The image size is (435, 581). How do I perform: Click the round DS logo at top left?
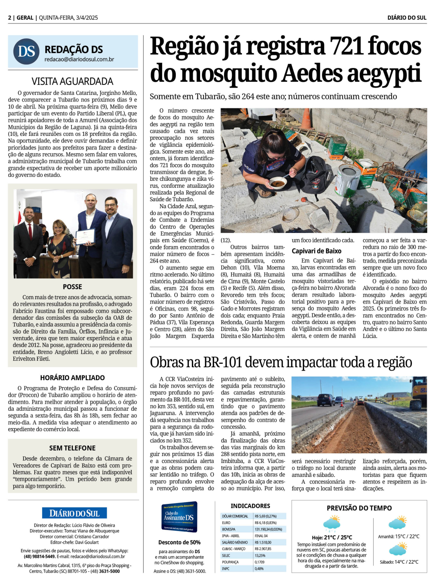pyautogui.click(x=26, y=51)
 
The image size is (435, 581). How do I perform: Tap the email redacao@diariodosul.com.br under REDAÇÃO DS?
pyautogui.click(x=79, y=59)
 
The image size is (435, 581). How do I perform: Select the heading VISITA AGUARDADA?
pyautogui.click(x=72, y=81)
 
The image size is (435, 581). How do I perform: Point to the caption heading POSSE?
pyautogui.click(x=72, y=287)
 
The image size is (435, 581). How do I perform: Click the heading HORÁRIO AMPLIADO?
pyautogui.click(x=72, y=378)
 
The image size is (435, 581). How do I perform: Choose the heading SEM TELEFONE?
pyautogui.click(x=72, y=448)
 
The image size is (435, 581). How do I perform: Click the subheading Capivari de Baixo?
pyautogui.click(x=316, y=251)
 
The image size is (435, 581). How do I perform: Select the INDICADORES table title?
pyautogui.click(x=250, y=506)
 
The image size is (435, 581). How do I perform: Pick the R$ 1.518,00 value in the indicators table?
pyautogui.click(x=263, y=542)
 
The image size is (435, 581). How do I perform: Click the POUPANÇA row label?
pyautogui.click(x=230, y=562)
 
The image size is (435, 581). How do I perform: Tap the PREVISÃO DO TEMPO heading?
pyautogui.click(x=359, y=508)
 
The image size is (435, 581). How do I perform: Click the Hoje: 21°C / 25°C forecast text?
pyautogui.click(x=332, y=537)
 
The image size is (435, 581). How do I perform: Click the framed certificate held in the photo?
pyautogui.click(x=85, y=236)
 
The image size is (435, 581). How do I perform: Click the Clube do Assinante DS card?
pyautogui.click(x=179, y=517)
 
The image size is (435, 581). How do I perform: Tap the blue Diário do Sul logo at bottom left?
pyautogui.click(x=74, y=513)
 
